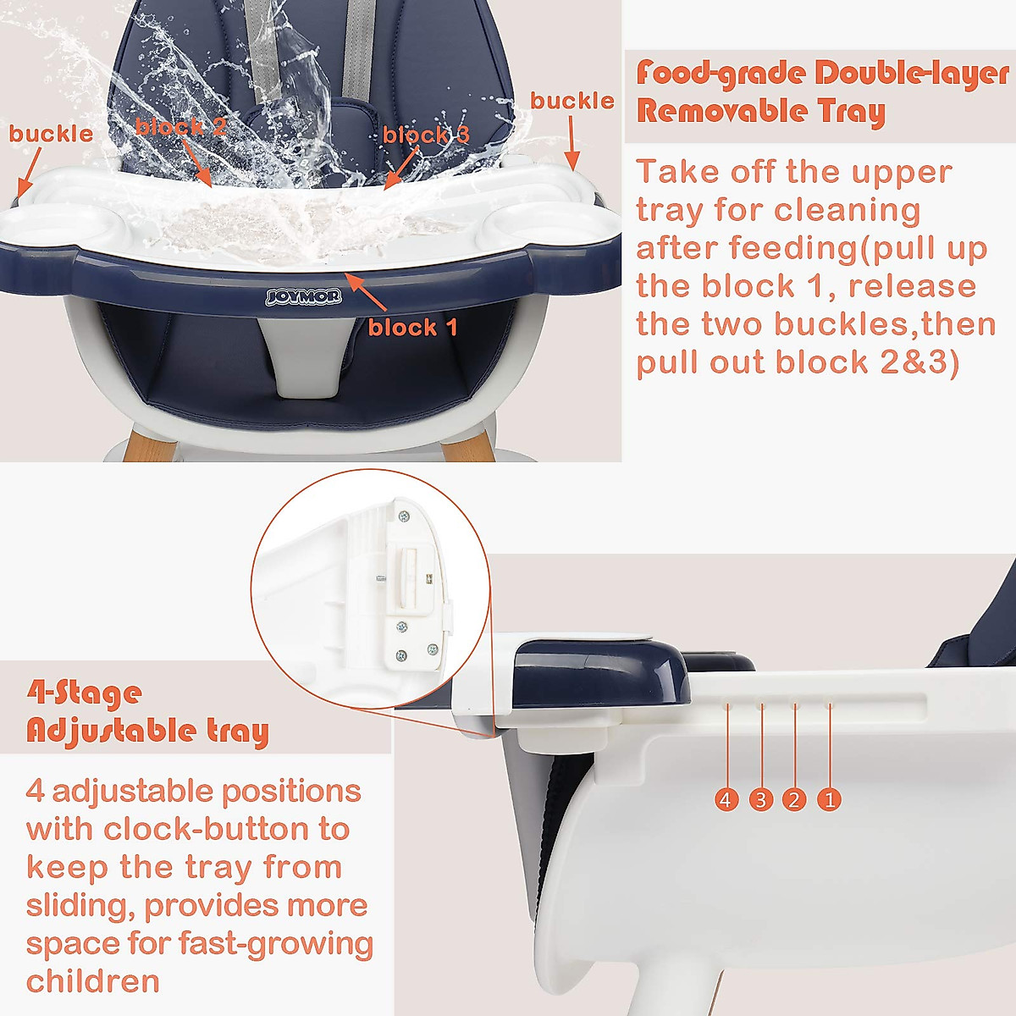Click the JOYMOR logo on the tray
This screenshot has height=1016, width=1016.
(x=302, y=296)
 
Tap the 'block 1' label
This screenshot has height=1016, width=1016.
(x=412, y=328)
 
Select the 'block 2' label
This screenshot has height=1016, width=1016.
(x=181, y=127)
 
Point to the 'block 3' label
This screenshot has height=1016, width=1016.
(x=426, y=135)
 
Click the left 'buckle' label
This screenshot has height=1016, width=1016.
(x=51, y=134)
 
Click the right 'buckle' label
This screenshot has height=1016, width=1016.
(x=572, y=101)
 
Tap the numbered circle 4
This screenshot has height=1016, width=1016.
(x=726, y=798)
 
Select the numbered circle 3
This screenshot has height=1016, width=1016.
(x=761, y=798)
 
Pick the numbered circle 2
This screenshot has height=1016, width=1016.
(x=794, y=798)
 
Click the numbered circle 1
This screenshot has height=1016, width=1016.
(x=829, y=798)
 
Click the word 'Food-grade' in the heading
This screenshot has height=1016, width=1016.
(x=721, y=75)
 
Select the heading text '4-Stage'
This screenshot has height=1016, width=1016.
(x=84, y=694)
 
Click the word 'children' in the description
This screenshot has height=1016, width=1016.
(x=93, y=981)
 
